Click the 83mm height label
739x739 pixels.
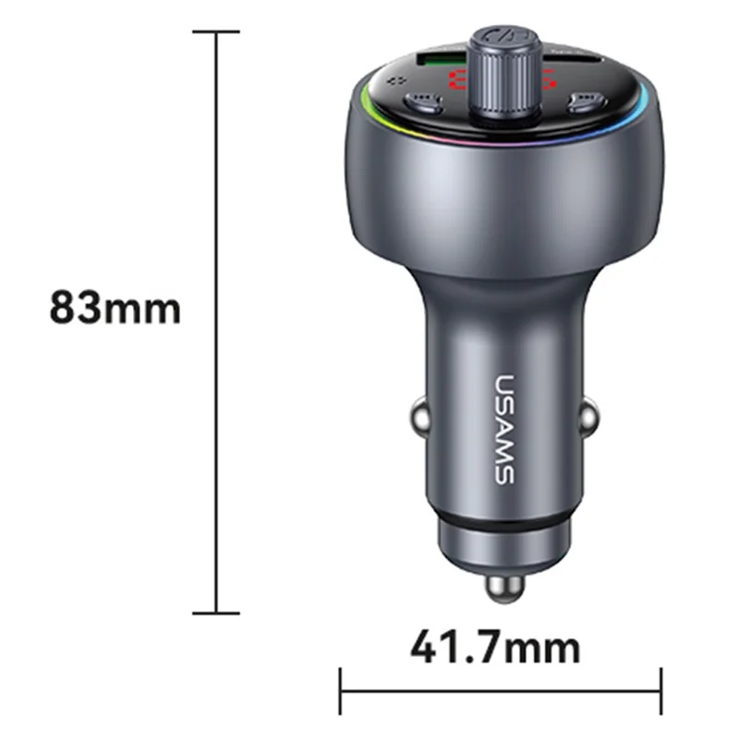(115, 307)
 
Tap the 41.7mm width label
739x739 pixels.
(496, 648)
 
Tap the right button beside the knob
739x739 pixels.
(583, 100)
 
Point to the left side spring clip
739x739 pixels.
(418, 419)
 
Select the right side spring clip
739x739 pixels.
(588, 419)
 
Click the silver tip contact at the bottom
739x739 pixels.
(503, 589)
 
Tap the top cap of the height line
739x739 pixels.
(216, 31)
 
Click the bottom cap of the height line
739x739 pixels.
(216, 612)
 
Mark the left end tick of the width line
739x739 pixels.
(341, 691)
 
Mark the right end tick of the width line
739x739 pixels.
(661, 691)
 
